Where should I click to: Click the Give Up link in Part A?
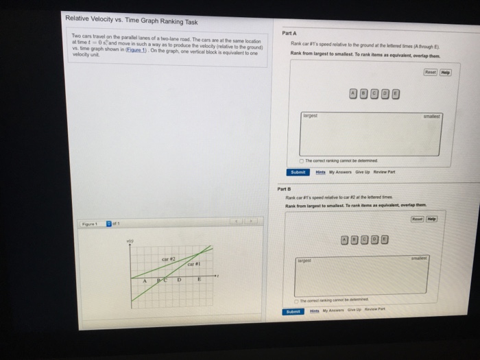pos(374,172)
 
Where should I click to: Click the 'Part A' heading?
pos(289,33)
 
